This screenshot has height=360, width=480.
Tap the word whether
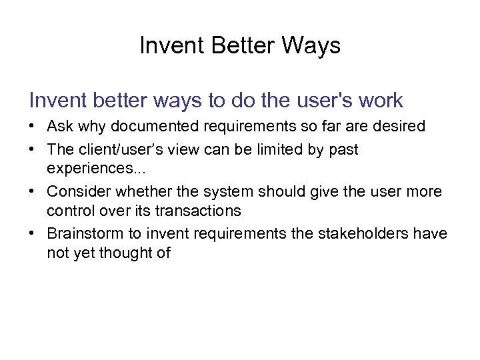[x=141, y=192]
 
